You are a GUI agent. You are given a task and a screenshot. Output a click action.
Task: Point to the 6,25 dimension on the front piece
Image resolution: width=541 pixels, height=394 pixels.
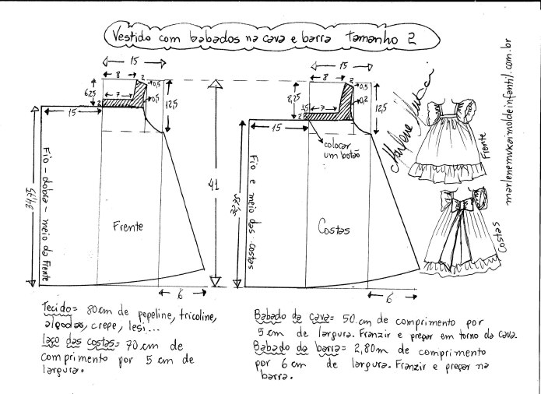(x=90, y=93)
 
